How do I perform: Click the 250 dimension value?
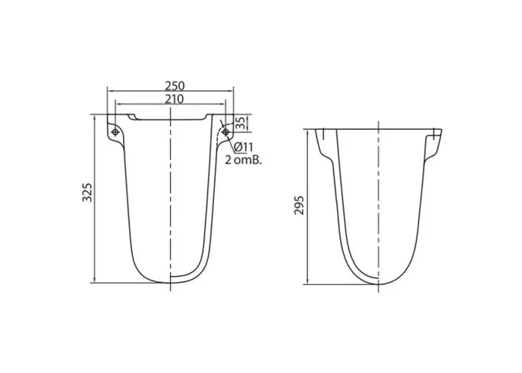(174, 86)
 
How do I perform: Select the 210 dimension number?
(174, 99)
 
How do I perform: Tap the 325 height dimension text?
(87, 192)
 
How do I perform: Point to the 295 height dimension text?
(299, 205)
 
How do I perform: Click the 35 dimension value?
(240, 122)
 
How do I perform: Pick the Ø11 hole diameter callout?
(243, 147)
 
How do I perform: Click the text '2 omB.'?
(243, 160)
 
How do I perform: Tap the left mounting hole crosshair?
(115, 132)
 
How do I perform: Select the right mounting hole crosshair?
(225, 132)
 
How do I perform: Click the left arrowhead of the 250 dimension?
(110, 90)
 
